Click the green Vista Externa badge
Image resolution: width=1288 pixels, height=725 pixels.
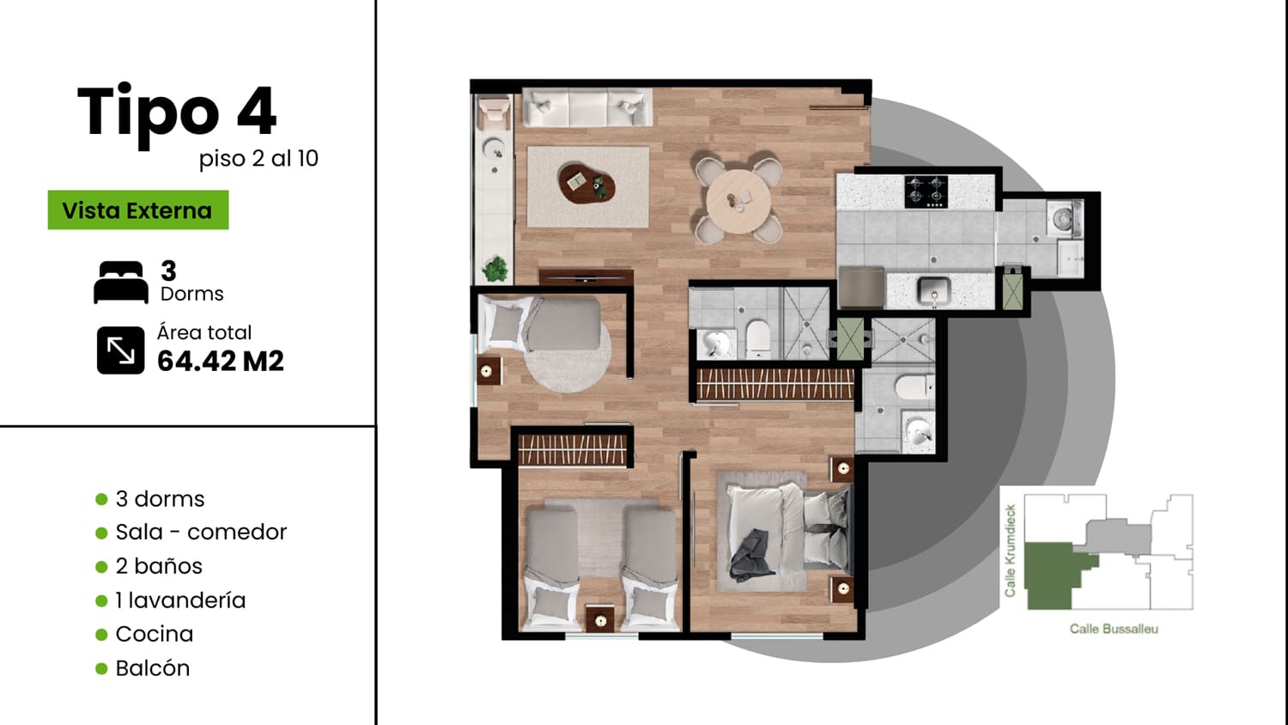(138, 210)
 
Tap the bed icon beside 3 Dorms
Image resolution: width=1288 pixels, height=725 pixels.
(121, 282)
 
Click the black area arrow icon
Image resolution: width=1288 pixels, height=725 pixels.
(121, 350)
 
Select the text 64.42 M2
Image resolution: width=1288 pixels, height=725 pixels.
(220, 362)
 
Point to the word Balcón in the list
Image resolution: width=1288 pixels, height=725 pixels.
(152, 668)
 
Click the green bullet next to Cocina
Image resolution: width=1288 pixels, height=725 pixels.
(101, 635)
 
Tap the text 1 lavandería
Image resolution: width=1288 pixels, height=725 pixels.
(180, 600)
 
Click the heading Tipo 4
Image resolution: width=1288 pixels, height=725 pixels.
(177, 111)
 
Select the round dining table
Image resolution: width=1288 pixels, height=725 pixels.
(738, 201)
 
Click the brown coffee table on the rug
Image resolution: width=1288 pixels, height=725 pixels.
(586, 184)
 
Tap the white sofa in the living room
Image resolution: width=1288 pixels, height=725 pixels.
(587, 107)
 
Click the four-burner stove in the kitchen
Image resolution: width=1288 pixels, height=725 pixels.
(926, 192)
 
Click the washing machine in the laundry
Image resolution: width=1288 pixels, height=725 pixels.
(1063, 218)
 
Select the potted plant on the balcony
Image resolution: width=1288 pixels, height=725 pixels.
(495, 269)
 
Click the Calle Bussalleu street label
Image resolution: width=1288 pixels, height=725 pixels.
(1114, 629)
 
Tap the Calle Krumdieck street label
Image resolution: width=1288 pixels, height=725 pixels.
(1011, 551)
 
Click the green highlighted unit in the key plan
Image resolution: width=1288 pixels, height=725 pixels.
(1052, 576)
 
